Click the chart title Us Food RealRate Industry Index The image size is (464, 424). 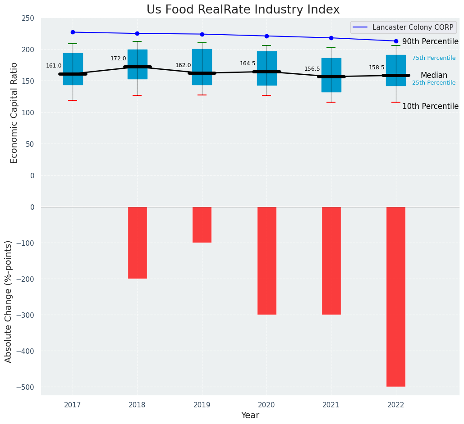tap(243, 10)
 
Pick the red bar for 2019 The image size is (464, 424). tap(202, 225)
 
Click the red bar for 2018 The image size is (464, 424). tap(137, 243)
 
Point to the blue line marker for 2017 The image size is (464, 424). tap(73, 32)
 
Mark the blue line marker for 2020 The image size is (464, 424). tap(266, 36)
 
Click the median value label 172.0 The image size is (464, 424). tap(118, 59)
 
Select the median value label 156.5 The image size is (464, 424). tap(312, 69)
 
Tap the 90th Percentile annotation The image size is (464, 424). tap(430, 42)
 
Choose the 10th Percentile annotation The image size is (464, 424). tap(430, 107)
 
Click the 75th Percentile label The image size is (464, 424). tap(434, 58)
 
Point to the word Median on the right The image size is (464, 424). tap(434, 76)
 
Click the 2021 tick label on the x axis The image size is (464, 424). tap(331, 405)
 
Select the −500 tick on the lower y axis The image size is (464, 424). tap(26, 387)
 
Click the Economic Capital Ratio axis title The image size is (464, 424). tap(14, 113)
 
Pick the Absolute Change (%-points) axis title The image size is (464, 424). tap(9, 301)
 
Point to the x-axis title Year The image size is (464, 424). tap(250, 415)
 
